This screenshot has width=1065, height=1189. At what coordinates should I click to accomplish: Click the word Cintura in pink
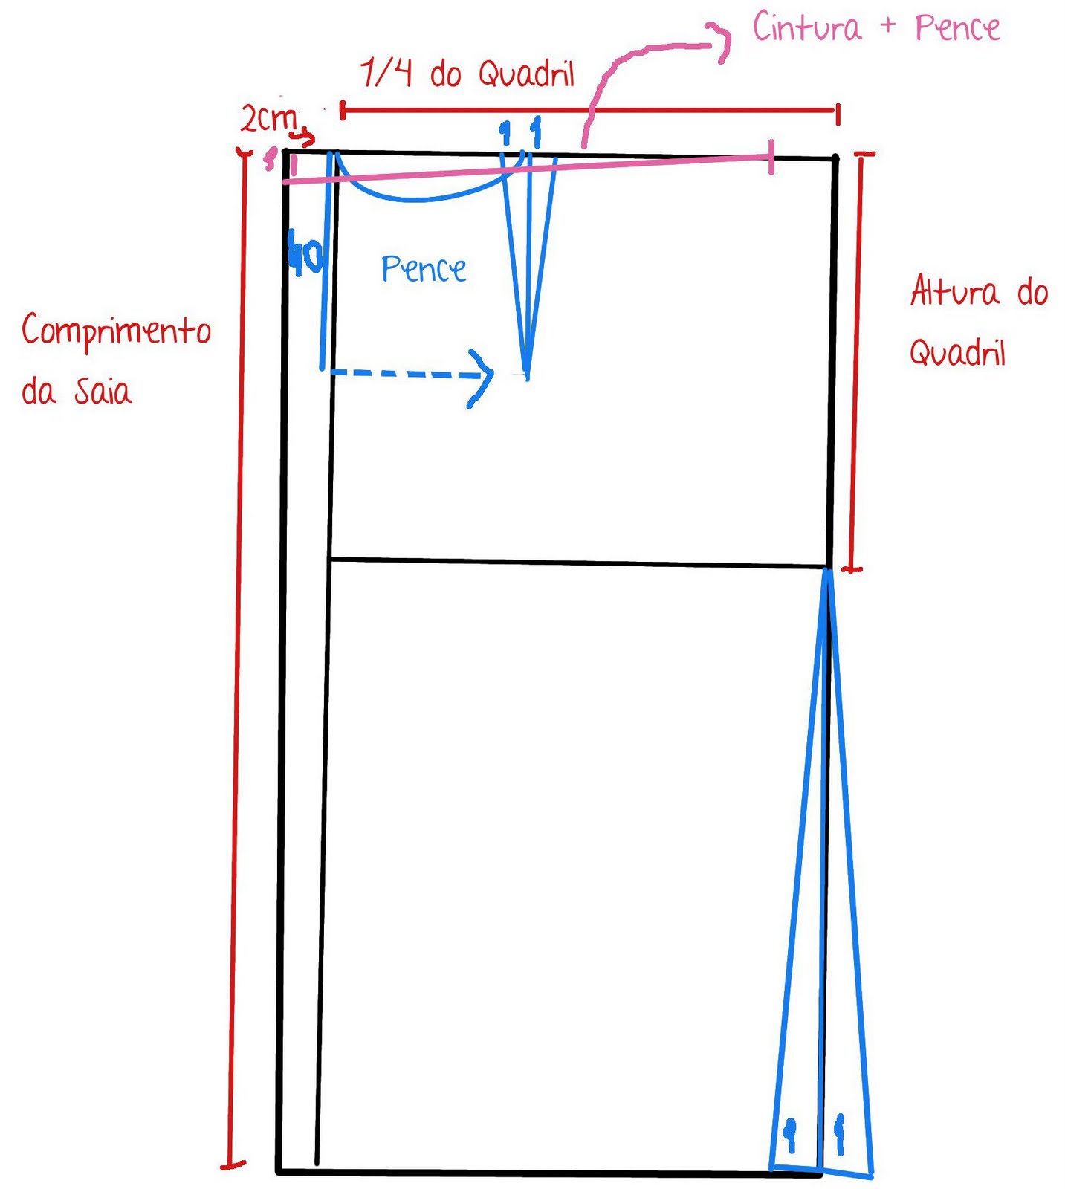click(807, 28)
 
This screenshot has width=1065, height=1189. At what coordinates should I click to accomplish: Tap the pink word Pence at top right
click(957, 28)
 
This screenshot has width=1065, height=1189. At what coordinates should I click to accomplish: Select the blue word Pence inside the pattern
click(424, 269)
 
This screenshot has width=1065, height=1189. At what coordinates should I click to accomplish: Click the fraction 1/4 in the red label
click(386, 74)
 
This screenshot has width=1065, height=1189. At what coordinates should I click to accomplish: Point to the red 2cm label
click(268, 117)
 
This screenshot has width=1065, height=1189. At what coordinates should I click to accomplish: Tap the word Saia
click(103, 391)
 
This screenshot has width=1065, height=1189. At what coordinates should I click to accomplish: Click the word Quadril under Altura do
click(957, 352)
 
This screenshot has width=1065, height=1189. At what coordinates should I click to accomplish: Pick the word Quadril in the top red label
click(526, 74)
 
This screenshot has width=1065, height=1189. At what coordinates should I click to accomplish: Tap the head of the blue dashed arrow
click(488, 375)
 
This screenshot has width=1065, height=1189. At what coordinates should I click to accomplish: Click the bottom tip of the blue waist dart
click(527, 375)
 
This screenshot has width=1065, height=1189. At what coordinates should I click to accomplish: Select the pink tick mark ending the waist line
click(771, 157)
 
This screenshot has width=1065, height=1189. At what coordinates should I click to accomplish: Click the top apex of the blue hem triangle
click(826, 571)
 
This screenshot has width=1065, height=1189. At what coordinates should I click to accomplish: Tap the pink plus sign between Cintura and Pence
click(888, 26)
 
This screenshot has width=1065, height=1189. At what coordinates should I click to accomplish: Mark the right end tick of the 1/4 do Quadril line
click(838, 114)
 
